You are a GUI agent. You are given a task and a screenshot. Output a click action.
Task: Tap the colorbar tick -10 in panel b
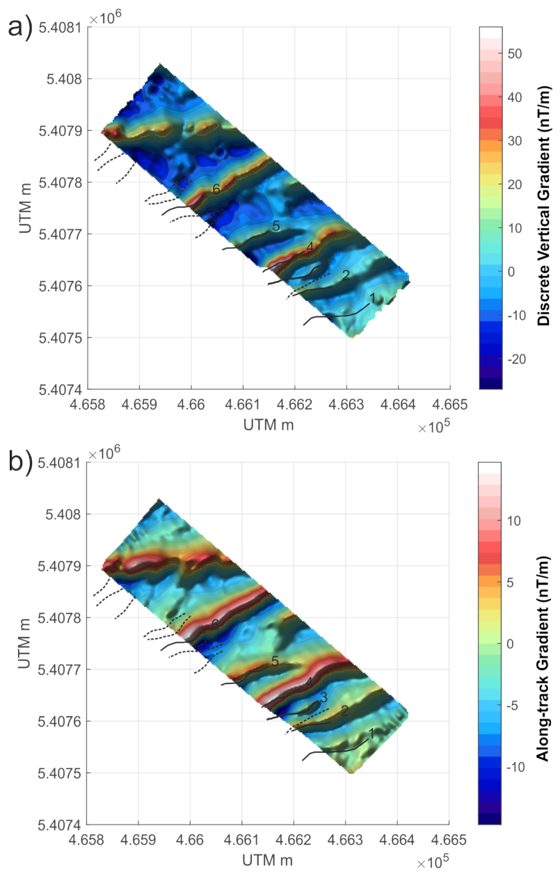pos(517,766)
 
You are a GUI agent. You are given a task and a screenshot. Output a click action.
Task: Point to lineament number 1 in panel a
pos(372,298)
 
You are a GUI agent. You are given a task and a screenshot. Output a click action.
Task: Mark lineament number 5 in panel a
pos(275,226)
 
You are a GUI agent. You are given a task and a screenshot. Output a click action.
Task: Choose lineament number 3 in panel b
pos(323,697)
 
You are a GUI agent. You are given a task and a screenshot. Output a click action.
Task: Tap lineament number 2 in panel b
pos(344,710)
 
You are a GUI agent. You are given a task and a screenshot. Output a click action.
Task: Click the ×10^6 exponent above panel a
pos(106,17)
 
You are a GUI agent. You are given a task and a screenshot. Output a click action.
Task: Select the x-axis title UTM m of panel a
pos(268,424)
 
